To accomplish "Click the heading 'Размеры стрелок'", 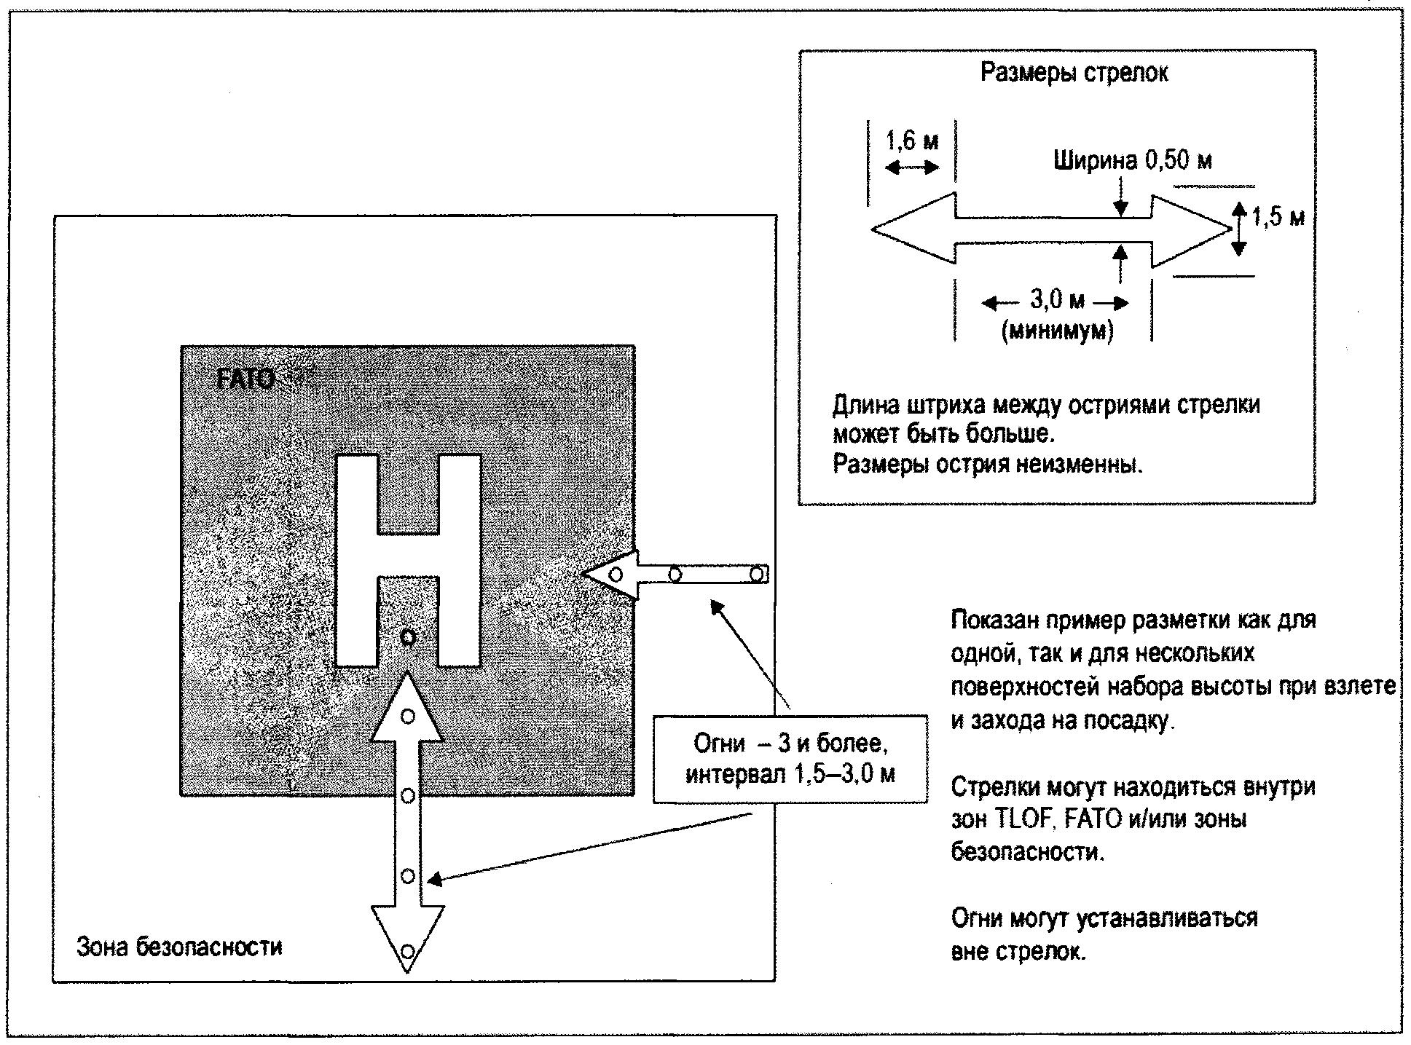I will tap(1074, 73).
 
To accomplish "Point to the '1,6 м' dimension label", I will tap(912, 140).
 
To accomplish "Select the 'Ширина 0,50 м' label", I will tap(1133, 160).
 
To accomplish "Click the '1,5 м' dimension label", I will tap(1277, 216).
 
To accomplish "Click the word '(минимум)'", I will tap(1058, 331).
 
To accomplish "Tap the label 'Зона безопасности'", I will tap(179, 947).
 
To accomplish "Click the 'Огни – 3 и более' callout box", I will tap(790, 759).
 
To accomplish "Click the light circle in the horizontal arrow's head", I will tap(616, 575).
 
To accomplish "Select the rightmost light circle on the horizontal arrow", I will tap(757, 575).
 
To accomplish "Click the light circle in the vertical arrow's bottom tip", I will tap(408, 951).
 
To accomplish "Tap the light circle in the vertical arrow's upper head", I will tap(408, 717).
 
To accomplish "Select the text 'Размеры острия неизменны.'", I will tap(988, 464).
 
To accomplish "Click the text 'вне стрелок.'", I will tap(1018, 951).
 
